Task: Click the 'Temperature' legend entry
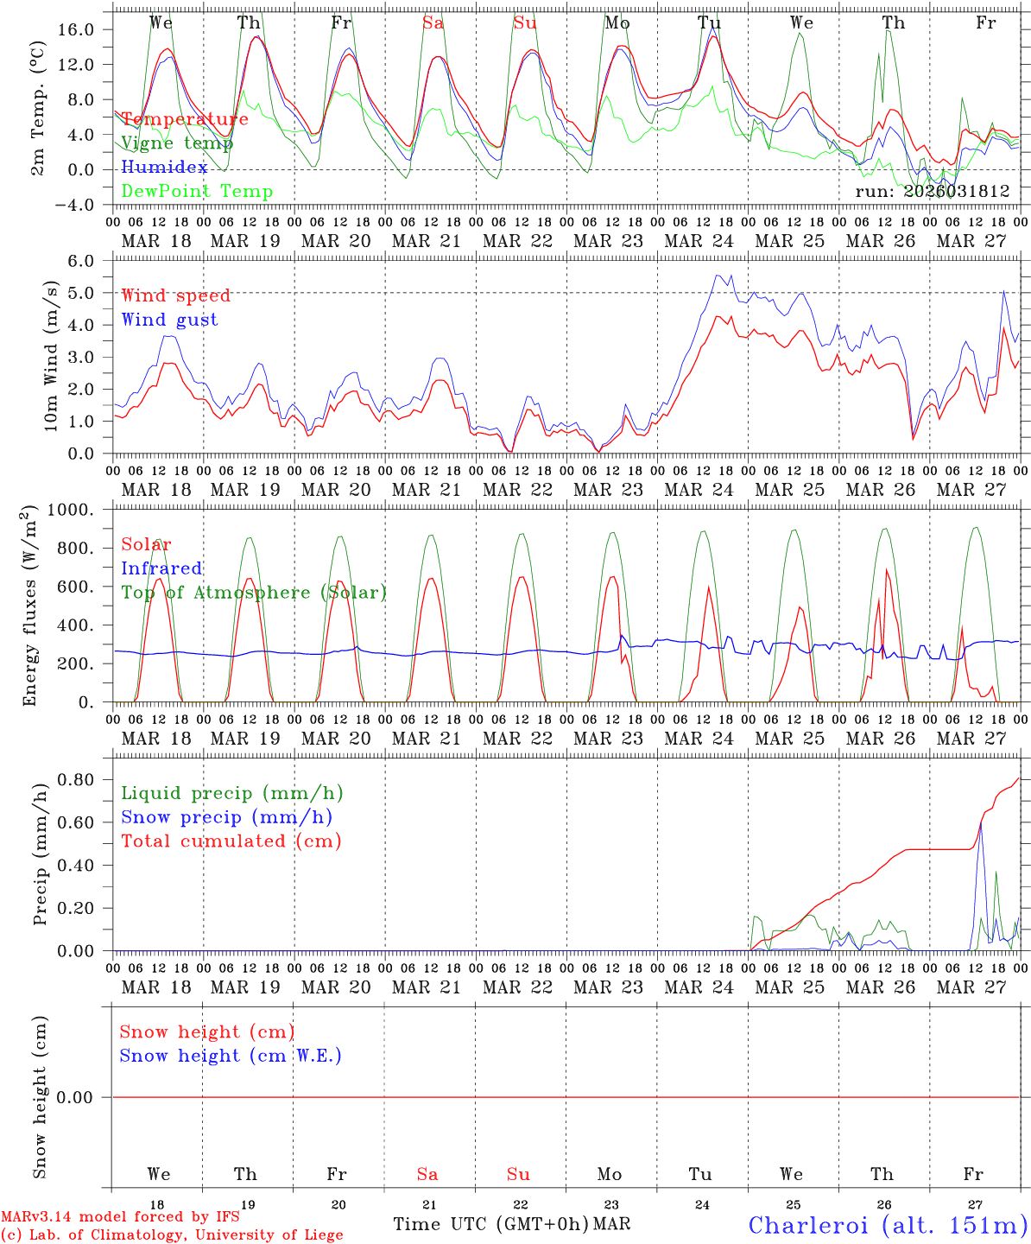(185, 119)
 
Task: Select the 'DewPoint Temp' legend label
(197, 192)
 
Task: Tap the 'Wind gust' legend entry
(169, 320)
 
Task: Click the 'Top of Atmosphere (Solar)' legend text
(254, 593)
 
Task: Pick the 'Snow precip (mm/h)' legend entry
(226, 817)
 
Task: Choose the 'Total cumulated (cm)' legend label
(231, 841)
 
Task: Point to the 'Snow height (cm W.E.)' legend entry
(231, 1056)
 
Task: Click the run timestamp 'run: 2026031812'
(933, 192)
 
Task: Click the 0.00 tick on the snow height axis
(76, 1097)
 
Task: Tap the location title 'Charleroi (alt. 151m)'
(888, 1225)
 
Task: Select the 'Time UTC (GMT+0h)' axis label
(491, 1224)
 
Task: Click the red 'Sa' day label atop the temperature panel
(433, 23)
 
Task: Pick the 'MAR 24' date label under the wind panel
(699, 490)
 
